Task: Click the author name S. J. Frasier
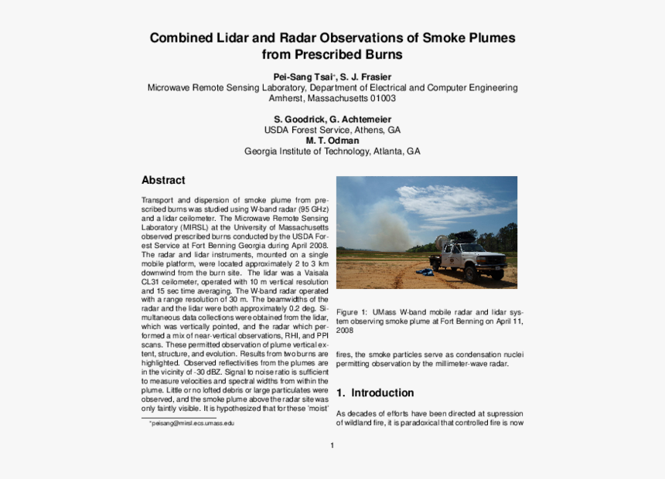click(366, 77)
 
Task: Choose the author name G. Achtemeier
click(360, 120)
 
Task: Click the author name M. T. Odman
click(332, 141)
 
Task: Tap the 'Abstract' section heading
click(163, 180)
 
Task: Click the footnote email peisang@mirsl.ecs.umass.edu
click(193, 423)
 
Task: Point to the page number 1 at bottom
click(332, 445)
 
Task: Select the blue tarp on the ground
click(424, 272)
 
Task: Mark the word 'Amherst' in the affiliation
click(287, 99)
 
